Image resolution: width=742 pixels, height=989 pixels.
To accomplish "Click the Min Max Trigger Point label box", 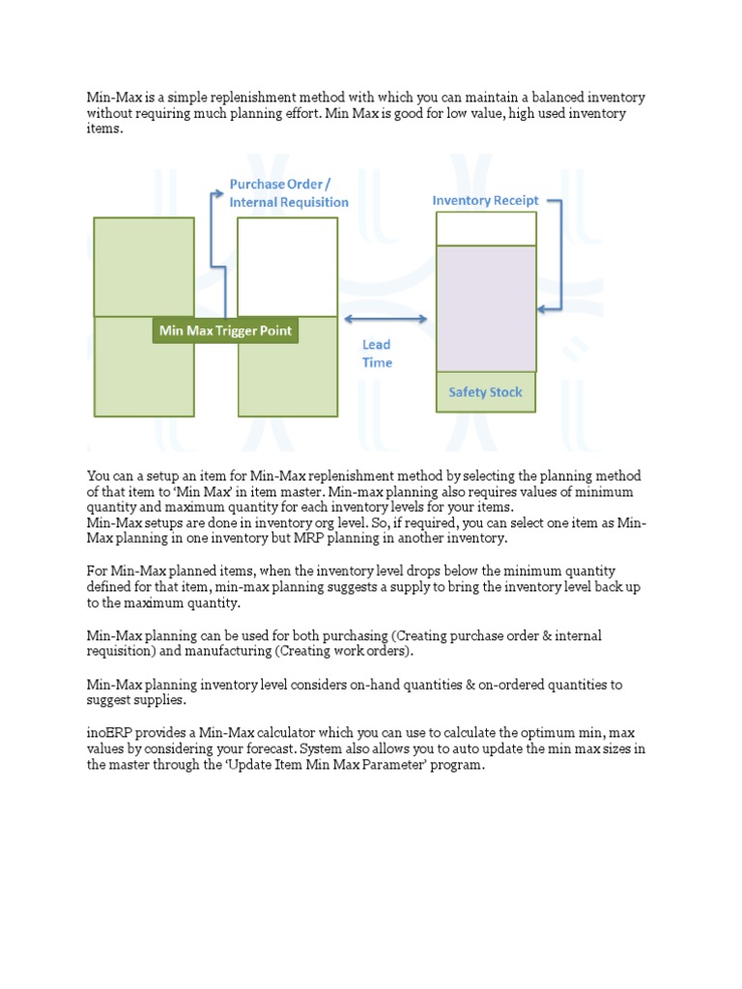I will point(225,331).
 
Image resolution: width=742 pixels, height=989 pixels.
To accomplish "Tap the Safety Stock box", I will point(485,392).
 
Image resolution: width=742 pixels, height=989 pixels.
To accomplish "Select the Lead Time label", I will point(377,353).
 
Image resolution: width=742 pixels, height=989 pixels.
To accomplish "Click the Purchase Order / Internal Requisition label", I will point(288,193).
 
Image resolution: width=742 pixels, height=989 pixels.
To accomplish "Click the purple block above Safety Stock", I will point(485,308).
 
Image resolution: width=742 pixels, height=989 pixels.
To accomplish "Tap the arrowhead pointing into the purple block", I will point(542,309).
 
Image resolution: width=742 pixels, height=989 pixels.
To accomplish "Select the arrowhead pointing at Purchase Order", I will point(218,193).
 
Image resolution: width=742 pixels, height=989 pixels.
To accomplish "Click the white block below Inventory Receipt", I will point(485,229).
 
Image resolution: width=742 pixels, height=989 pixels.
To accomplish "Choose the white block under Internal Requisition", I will point(287,267).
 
